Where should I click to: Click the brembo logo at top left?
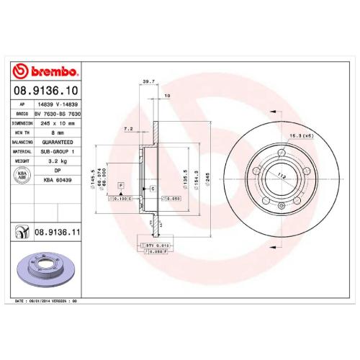45,72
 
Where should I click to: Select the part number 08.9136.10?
45,91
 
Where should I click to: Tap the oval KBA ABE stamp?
22,176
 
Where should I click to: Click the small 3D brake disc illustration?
45,269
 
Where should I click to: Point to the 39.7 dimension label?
149,82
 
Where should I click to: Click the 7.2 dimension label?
129,128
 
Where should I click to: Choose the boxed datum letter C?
153,188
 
